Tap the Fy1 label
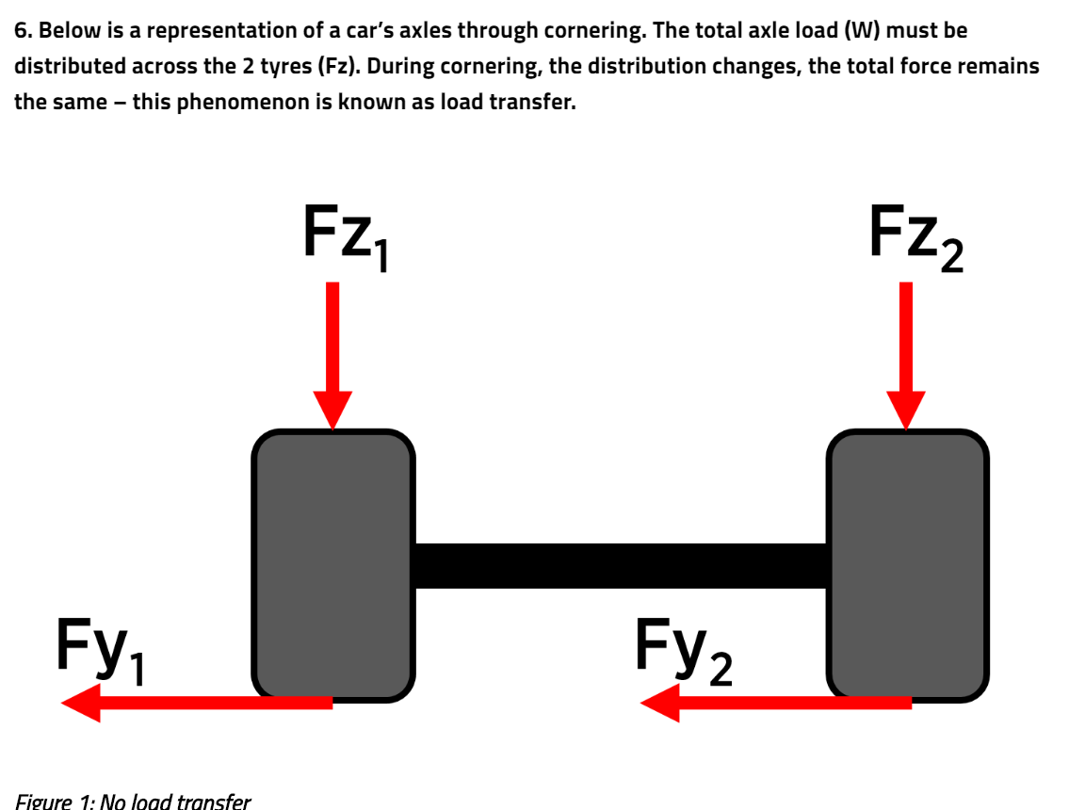[101, 648]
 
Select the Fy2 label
[682, 648]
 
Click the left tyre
[333, 565]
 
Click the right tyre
[908, 565]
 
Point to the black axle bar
[621, 565]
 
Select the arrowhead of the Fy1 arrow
[81, 703]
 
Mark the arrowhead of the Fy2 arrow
[659, 703]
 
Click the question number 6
[22, 30]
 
